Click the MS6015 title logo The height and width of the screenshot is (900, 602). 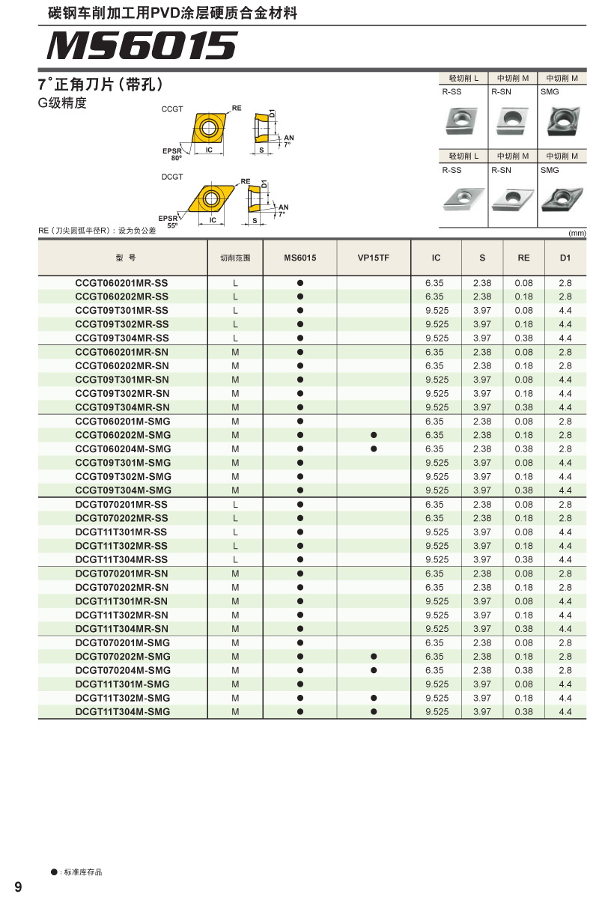coord(142,46)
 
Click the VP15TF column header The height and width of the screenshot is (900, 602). coord(374,258)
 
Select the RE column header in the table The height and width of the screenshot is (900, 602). coord(523,258)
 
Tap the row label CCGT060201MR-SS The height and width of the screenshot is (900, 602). coord(122,283)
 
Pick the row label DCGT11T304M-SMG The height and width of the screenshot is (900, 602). coord(123,711)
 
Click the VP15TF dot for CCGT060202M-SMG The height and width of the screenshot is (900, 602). coord(374,435)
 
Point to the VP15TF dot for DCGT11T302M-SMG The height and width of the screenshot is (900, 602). coord(374,698)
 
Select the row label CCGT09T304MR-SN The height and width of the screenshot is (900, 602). coord(122,407)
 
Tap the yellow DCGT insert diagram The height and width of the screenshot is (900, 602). coord(211,198)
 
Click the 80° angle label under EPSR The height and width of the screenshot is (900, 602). coord(177,159)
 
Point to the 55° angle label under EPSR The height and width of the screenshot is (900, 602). coord(172,225)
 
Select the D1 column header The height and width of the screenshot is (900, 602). coord(565,258)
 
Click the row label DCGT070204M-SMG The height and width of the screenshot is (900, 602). coord(123,670)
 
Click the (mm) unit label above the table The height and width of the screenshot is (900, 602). coord(577,234)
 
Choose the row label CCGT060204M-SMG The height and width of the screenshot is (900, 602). coord(123,449)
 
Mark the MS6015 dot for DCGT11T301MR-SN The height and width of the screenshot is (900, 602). coord(300,601)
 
